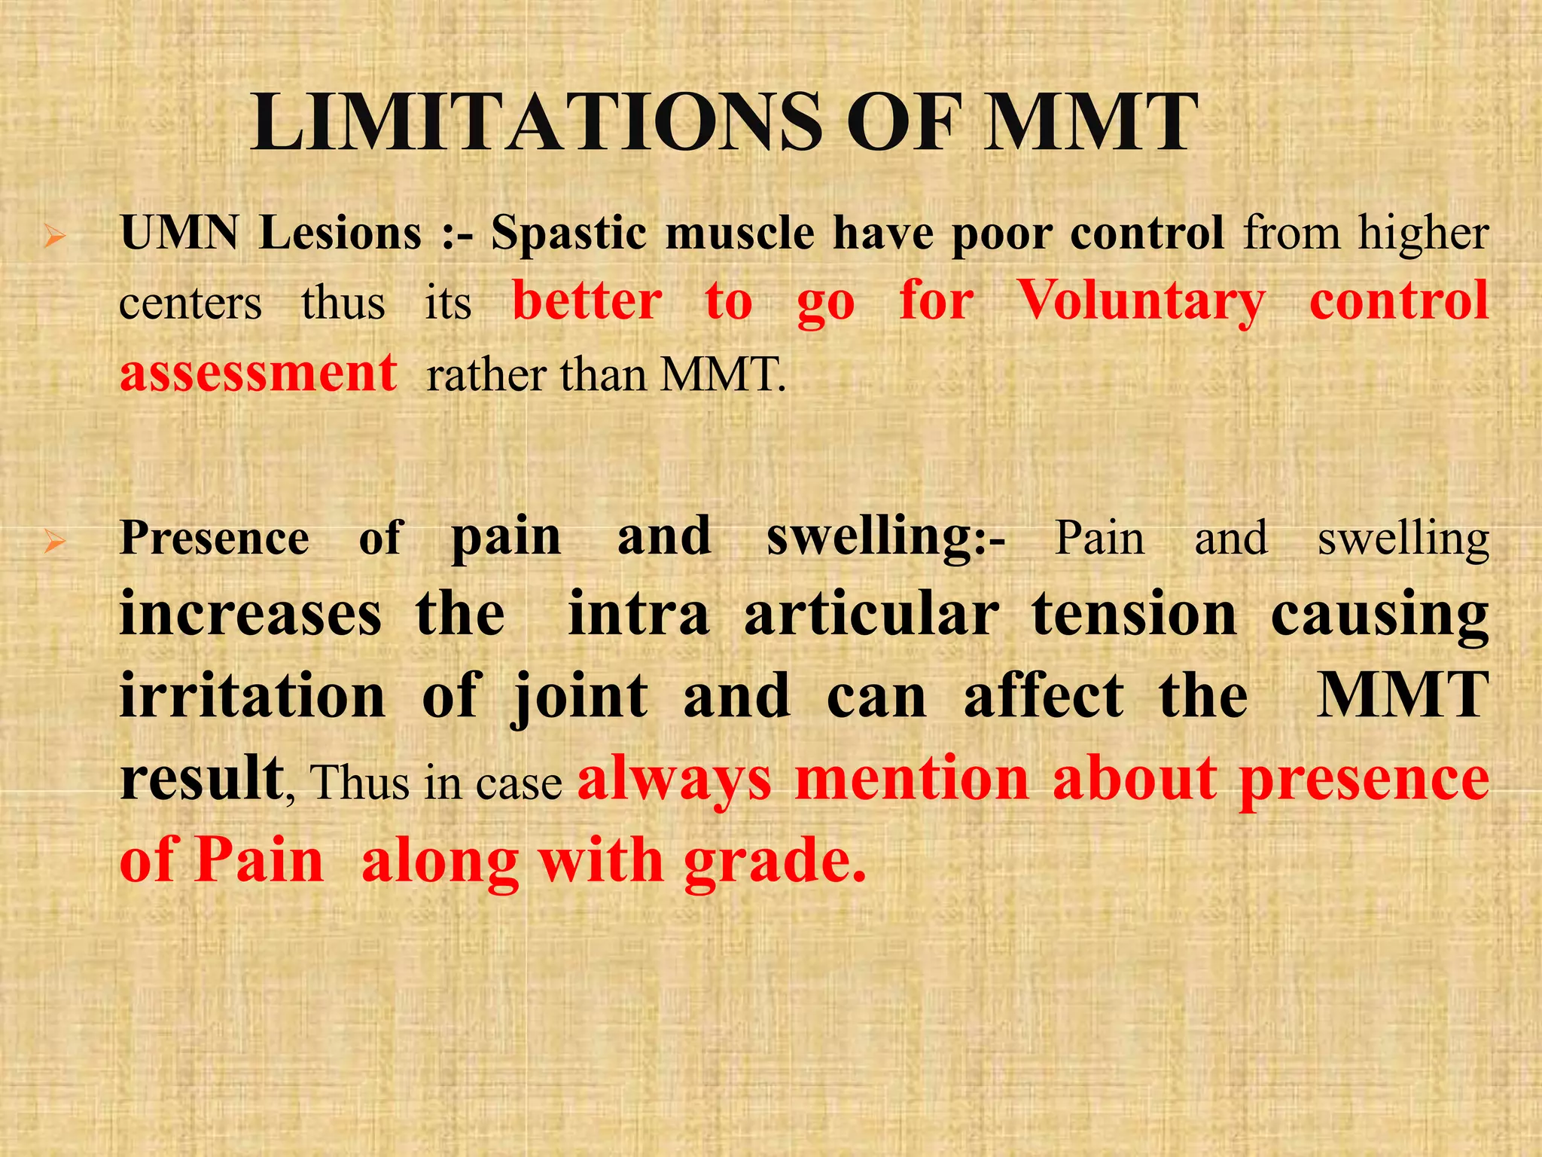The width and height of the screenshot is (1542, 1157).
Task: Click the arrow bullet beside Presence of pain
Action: click(x=54, y=542)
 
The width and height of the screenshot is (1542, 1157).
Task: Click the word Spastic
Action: click(x=568, y=234)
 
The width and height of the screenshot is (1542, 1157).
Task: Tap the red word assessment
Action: click(x=258, y=373)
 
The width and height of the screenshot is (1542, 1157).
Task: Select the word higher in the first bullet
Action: click(x=1423, y=233)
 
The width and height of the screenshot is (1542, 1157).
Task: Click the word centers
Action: click(x=190, y=304)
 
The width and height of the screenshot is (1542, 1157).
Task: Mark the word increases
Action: click(x=251, y=615)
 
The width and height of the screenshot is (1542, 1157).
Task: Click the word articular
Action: click(x=872, y=615)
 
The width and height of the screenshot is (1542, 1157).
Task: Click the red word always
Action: click(x=675, y=779)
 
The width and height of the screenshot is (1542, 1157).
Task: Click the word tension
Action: click(x=1135, y=615)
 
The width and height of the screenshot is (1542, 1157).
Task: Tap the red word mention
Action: click(x=912, y=778)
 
